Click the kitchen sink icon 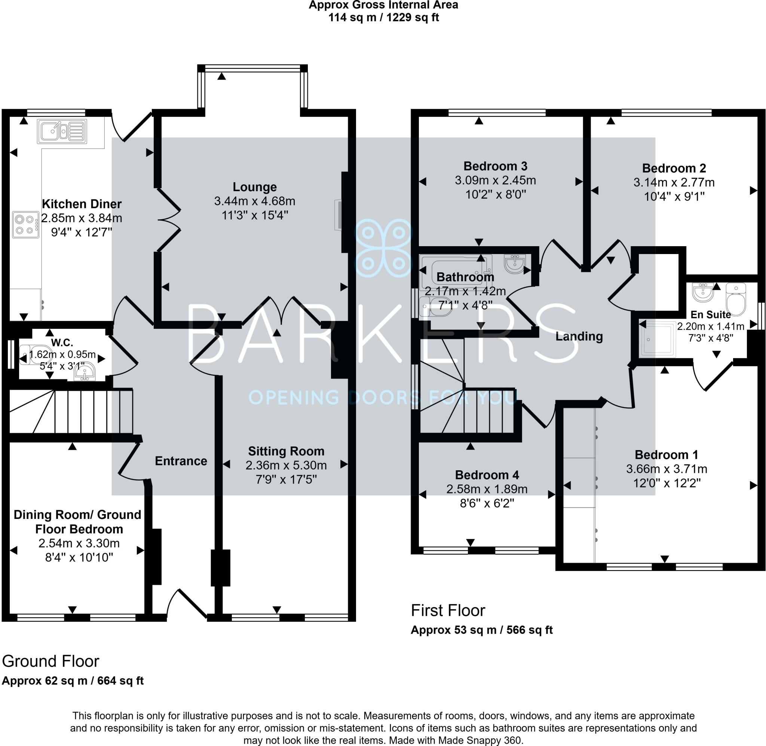tap(62, 132)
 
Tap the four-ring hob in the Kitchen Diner tap(25, 225)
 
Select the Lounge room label tap(255, 187)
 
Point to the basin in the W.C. tap(85, 373)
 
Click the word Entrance tap(181, 461)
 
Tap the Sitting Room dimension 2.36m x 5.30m tap(286, 465)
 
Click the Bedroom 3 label tap(495, 166)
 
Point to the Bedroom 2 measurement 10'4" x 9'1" tap(674, 197)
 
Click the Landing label tap(579, 337)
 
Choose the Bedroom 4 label tap(487, 475)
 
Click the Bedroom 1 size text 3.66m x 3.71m tap(666, 469)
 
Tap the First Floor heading tap(448, 611)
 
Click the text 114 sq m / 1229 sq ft tap(383, 18)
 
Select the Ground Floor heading tap(50, 661)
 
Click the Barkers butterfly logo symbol tap(383, 248)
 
